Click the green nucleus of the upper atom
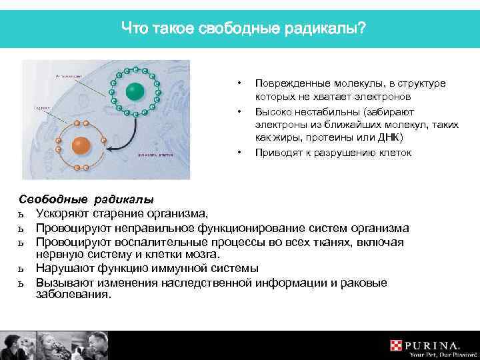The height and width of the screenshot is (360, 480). (x=134, y=91)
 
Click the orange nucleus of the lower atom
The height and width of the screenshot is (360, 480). (x=81, y=145)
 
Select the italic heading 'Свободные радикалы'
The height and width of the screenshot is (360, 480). (x=86, y=199)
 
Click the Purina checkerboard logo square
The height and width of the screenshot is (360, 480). (x=397, y=345)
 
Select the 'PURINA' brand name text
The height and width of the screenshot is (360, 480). (x=433, y=345)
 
